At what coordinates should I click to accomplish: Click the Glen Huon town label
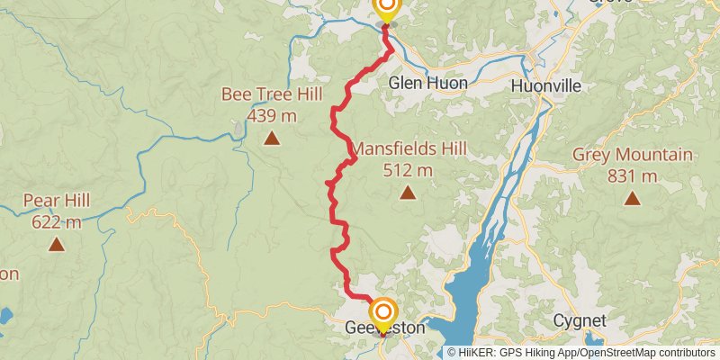click(427, 84)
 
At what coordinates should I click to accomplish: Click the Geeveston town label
click(384, 329)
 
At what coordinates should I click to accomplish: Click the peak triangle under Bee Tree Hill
click(272, 138)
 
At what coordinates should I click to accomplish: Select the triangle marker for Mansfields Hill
click(408, 192)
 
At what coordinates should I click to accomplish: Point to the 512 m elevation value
click(408, 169)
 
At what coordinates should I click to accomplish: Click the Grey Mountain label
click(633, 156)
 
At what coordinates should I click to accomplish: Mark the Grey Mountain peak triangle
click(633, 199)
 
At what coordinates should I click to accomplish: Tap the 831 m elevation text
click(633, 176)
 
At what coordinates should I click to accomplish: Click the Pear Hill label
click(57, 201)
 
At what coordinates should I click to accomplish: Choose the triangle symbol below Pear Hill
click(57, 244)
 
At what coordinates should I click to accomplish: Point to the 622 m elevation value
click(57, 221)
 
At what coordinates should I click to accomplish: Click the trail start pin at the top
click(385, 8)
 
